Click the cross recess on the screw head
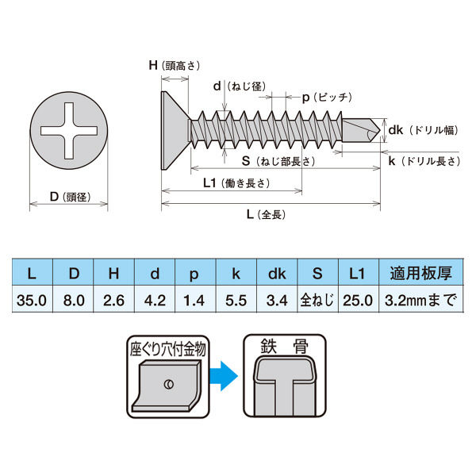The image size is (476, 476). (x=69, y=131)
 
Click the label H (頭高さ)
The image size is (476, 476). (x=175, y=66)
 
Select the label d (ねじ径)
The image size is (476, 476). (x=240, y=86)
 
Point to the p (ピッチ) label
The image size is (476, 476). (x=327, y=98)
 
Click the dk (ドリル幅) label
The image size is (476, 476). (x=423, y=130)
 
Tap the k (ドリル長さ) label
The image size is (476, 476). (x=424, y=161)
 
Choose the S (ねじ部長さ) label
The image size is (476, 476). (x=278, y=161)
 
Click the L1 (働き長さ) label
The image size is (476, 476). (x=236, y=183)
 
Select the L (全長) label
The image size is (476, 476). (x=266, y=215)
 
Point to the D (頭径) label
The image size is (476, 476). (x=70, y=197)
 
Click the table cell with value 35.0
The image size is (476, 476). (x=33, y=299)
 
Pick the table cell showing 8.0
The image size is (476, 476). (x=73, y=299)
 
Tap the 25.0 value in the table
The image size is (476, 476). (x=359, y=299)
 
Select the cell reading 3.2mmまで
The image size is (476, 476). (x=421, y=299)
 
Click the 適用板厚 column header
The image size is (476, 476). (x=421, y=272)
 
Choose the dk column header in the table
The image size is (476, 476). (x=277, y=272)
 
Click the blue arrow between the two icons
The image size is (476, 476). (x=224, y=376)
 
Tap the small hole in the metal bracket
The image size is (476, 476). (x=169, y=384)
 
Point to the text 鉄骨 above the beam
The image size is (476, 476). (x=285, y=346)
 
